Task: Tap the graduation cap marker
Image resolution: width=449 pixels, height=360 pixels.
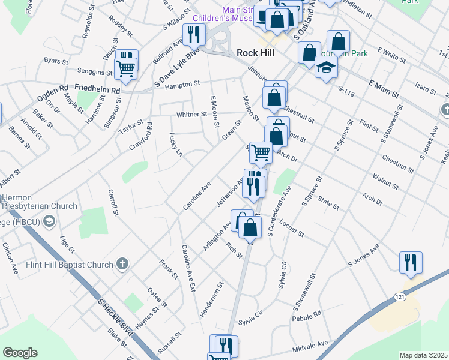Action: coord(325,67)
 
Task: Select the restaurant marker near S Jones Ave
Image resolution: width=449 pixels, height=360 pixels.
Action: coord(411,262)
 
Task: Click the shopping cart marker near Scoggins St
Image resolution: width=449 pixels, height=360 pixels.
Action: coord(125,67)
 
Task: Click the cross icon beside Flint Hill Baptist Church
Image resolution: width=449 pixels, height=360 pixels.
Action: coord(122,264)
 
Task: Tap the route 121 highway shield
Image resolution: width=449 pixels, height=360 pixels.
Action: coord(400,297)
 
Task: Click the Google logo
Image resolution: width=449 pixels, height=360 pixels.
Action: coord(20,353)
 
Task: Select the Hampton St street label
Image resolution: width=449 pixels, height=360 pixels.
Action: coord(182,85)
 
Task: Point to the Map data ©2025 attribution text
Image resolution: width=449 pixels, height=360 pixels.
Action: coord(424,355)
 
